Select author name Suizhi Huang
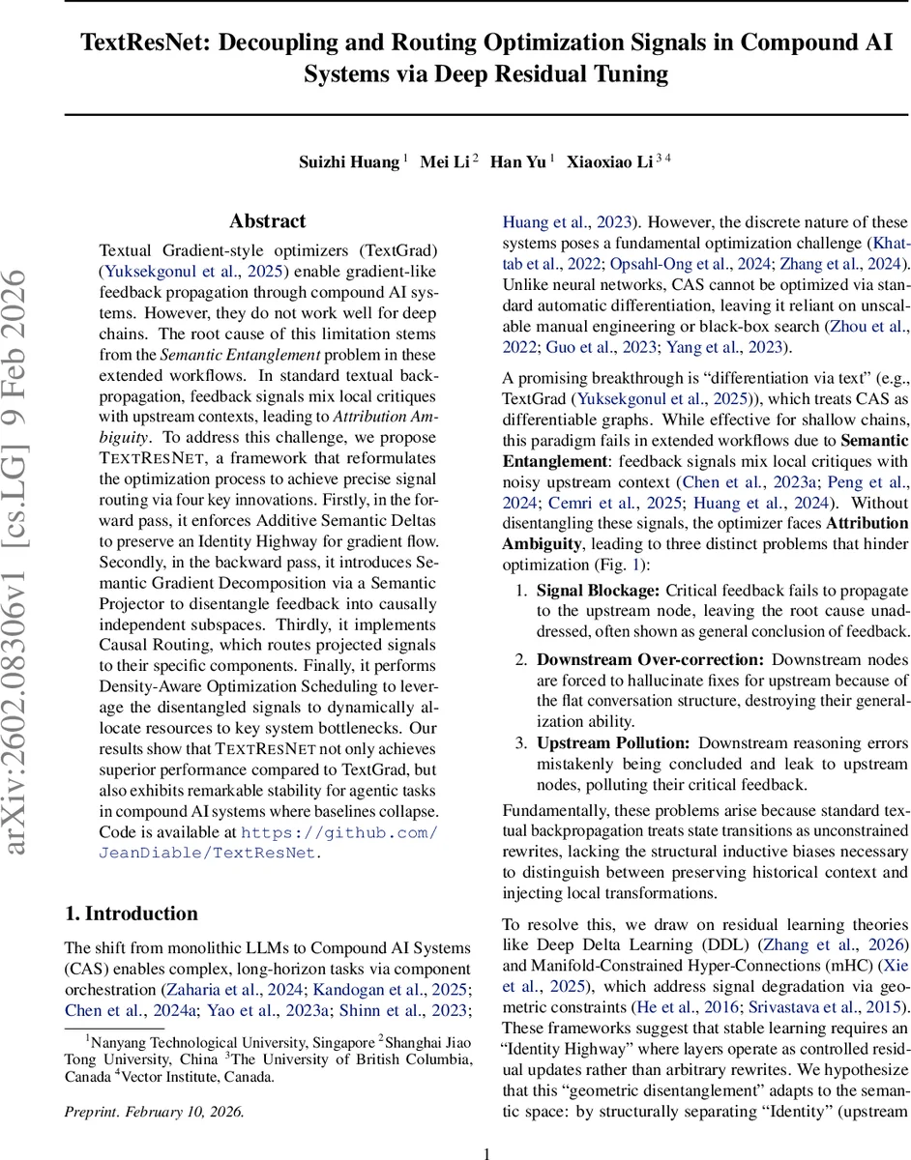tap(349, 161)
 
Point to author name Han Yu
tap(517, 161)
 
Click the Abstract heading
tap(268, 221)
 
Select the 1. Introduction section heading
tap(131, 913)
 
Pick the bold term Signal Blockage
tap(599, 590)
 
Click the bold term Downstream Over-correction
tap(650, 659)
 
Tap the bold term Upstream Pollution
tap(613, 742)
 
